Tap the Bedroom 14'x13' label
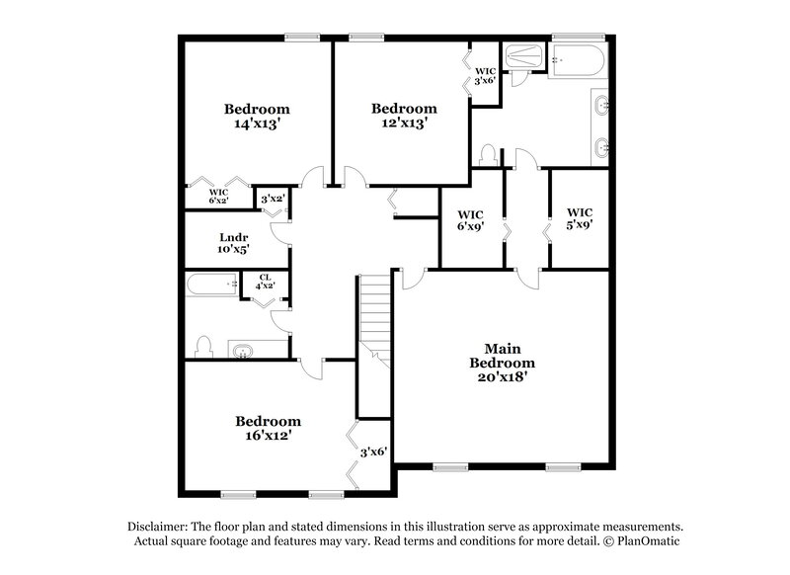pyautogui.click(x=256, y=117)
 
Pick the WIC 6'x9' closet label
pyautogui.click(x=469, y=218)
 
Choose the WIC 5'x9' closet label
pyautogui.click(x=579, y=218)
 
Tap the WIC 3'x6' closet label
pyautogui.click(x=485, y=75)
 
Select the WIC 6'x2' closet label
pyautogui.click(x=217, y=196)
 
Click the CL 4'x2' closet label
pyautogui.click(x=265, y=282)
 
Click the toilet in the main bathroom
pyautogui.click(x=486, y=155)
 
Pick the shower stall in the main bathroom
pyautogui.click(x=523, y=59)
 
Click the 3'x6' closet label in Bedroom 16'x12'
pyautogui.click(x=372, y=452)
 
